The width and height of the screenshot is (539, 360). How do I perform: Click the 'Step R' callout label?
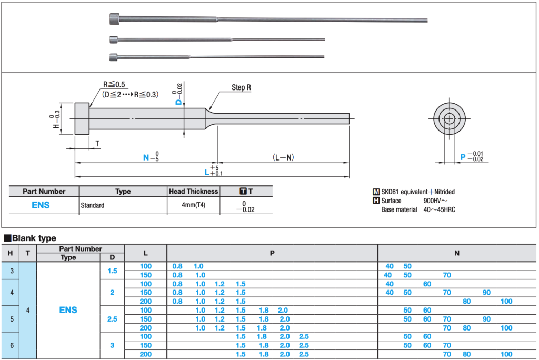tap(241, 87)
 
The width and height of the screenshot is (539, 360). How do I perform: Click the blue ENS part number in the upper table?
tap(41, 205)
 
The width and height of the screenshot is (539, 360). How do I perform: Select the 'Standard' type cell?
tap(93, 205)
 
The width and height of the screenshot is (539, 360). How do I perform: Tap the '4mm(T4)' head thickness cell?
tap(193, 205)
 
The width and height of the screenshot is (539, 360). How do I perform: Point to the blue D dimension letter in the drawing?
tap(178, 102)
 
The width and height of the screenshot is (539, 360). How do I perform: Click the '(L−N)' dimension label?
tap(283, 157)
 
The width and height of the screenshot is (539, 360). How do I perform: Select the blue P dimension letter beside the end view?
tap(463, 157)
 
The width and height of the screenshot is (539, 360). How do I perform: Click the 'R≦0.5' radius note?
tap(114, 85)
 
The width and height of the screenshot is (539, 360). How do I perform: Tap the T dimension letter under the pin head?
tap(97, 143)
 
